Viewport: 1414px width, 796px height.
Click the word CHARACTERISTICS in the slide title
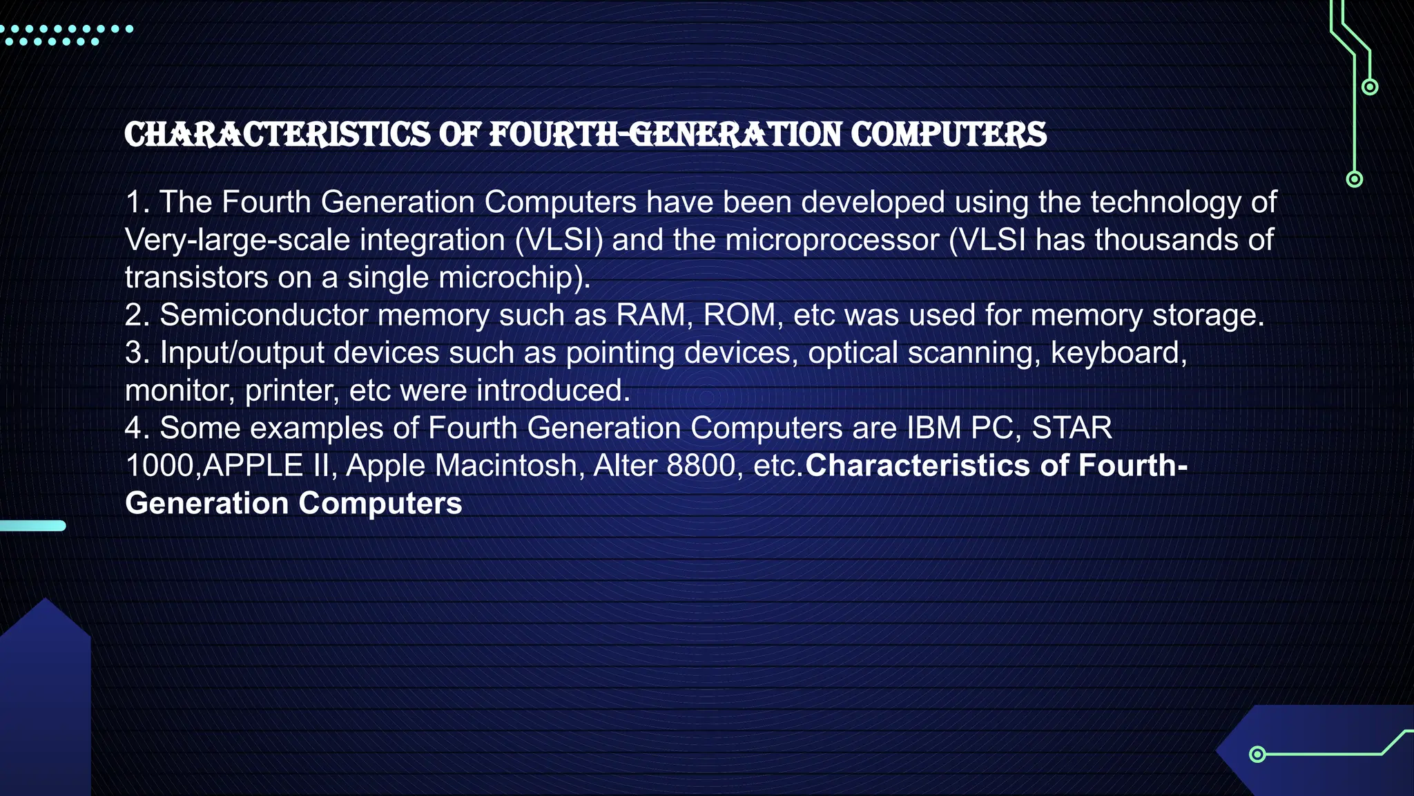pos(277,135)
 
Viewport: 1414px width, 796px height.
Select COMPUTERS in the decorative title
pos(949,135)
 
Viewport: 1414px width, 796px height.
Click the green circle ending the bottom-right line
pos(1257,754)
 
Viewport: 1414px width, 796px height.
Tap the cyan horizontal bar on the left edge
pos(32,526)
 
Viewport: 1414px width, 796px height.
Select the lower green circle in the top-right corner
pos(1355,180)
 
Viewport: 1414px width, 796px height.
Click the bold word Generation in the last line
pos(206,504)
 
